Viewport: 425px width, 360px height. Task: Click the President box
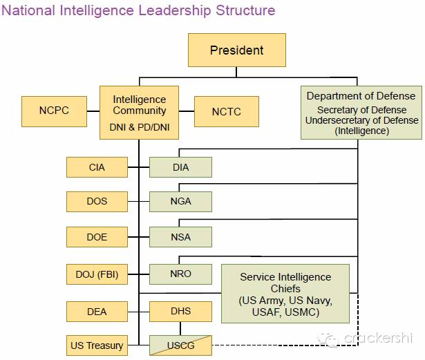[x=237, y=50]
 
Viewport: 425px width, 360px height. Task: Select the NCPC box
[x=54, y=111]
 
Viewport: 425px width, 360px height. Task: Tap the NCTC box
[x=227, y=111]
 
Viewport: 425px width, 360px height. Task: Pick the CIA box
[x=97, y=167]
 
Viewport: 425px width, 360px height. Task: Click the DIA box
[x=180, y=167]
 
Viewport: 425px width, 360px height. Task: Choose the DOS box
[x=97, y=202]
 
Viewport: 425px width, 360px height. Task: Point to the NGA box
[x=180, y=202]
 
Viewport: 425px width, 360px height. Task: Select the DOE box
[x=97, y=237]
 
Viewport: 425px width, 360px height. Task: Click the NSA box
[x=180, y=237]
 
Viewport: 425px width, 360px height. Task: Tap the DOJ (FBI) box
[x=97, y=274]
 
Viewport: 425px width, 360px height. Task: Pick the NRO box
[x=180, y=274]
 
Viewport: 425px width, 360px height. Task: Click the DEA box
[x=97, y=312]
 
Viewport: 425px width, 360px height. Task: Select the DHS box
[x=180, y=312]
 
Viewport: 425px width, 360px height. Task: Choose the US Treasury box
[x=97, y=345]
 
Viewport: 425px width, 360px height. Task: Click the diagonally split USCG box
[x=180, y=345]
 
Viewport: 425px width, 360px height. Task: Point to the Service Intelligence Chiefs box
[x=285, y=294]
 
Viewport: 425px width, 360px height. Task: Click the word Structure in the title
[x=245, y=10]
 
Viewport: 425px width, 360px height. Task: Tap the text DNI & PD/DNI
[x=140, y=127]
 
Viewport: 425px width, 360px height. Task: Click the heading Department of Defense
[x=361, y=96]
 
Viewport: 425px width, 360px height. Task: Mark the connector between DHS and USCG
[x=180, y=329]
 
